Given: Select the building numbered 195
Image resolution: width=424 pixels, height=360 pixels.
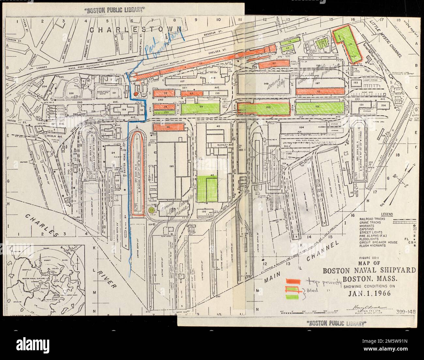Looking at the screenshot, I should tap(171, 166).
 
